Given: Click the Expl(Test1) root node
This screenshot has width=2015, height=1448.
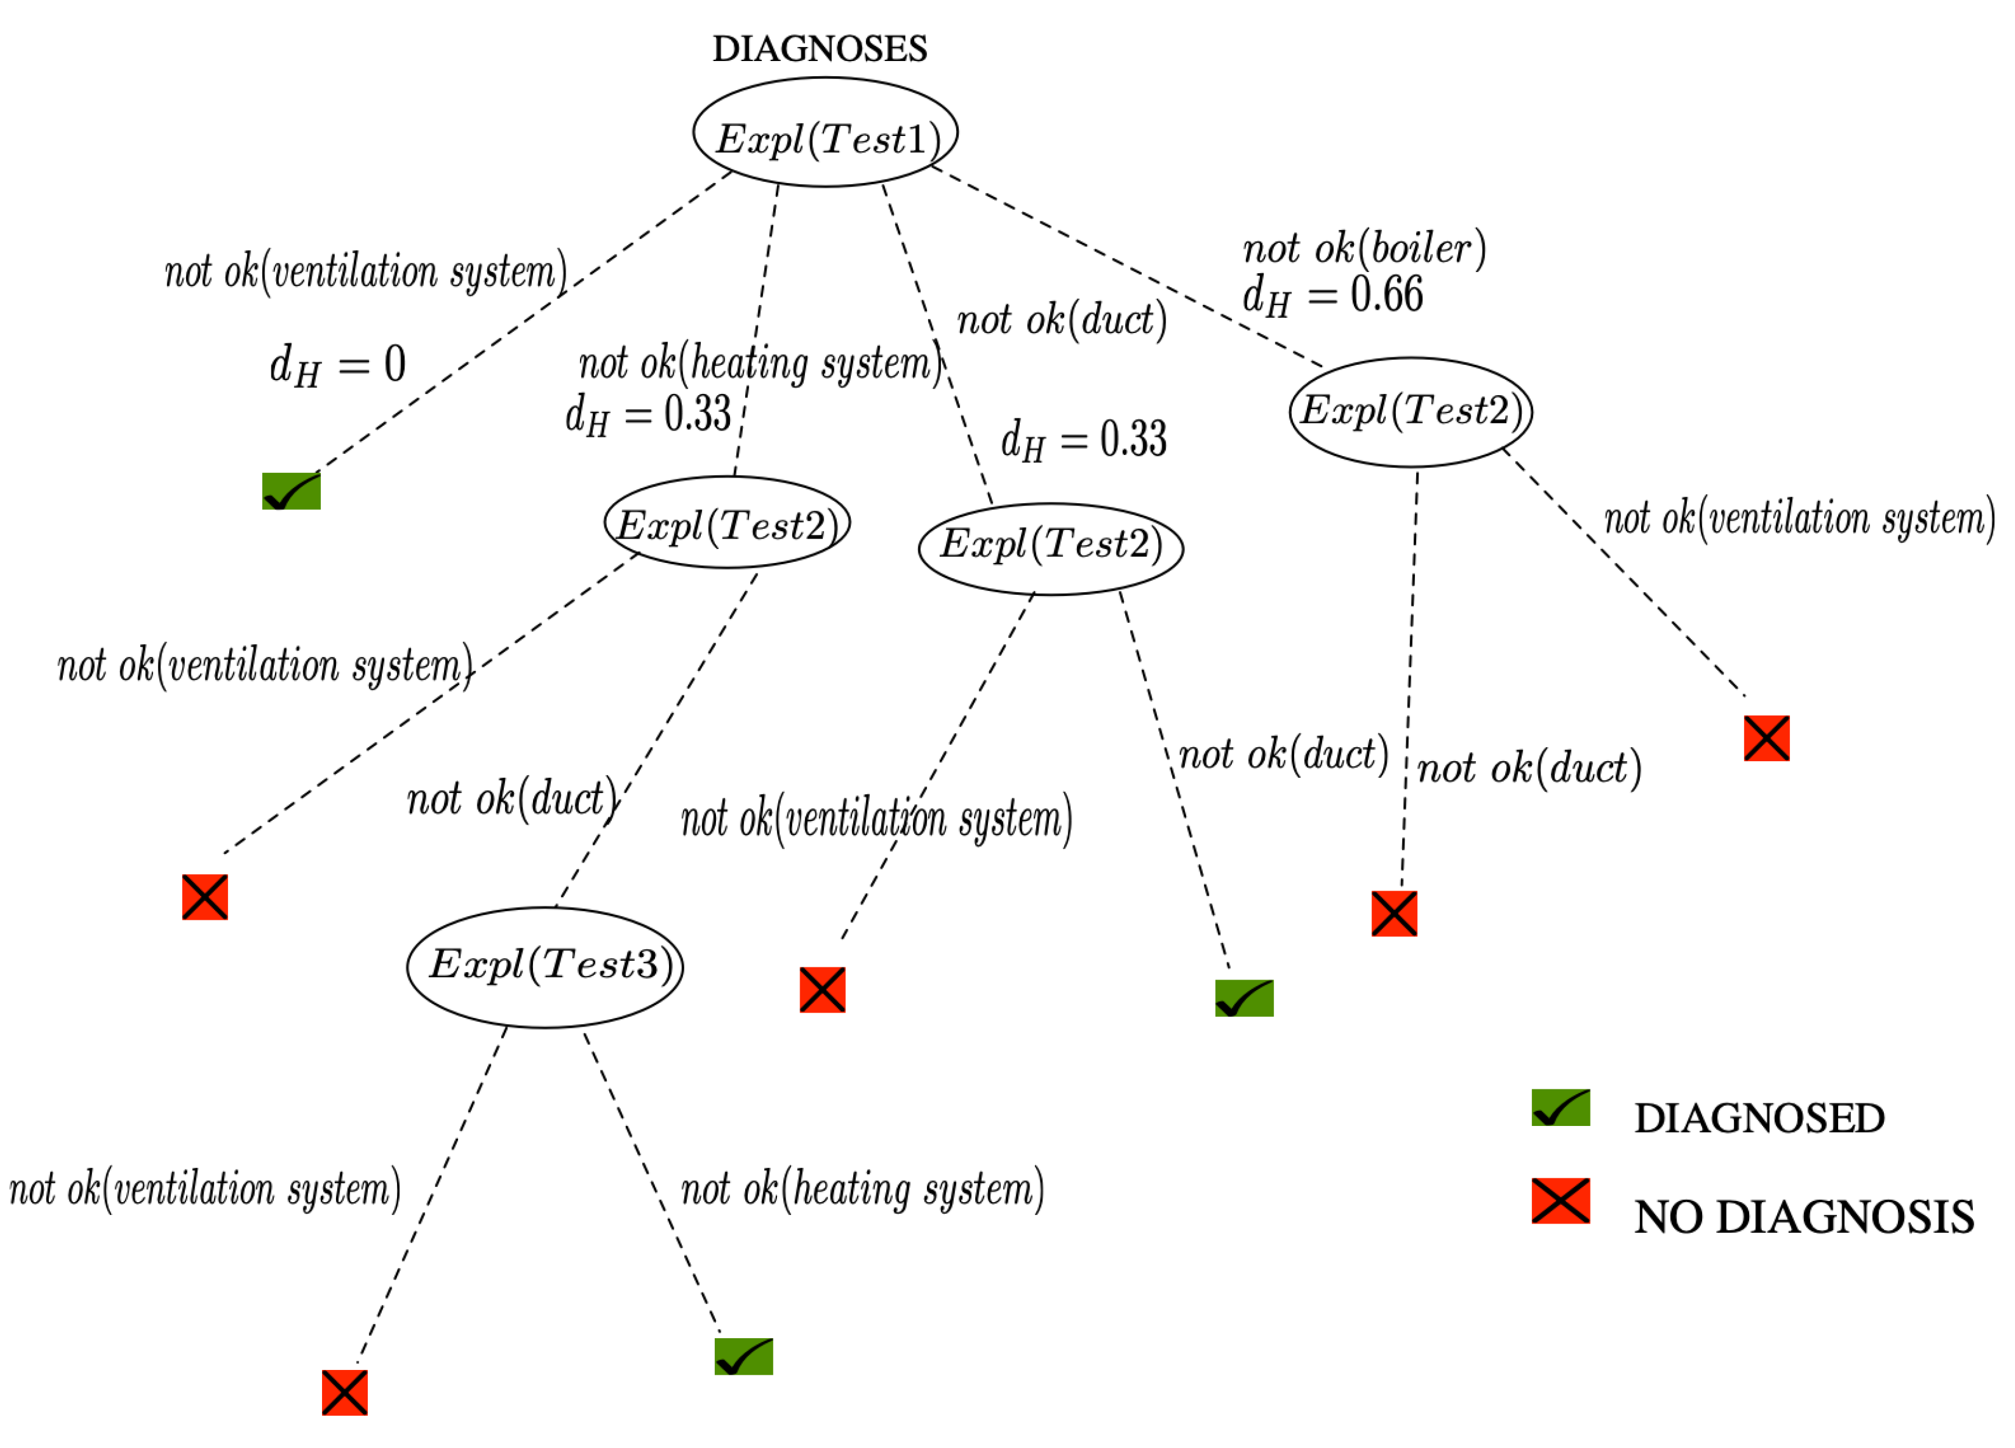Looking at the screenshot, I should pos(825,132).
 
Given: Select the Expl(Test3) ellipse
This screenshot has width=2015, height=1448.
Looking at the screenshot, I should pos(545,967).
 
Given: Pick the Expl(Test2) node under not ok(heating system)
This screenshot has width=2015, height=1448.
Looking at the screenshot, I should pos(727,523).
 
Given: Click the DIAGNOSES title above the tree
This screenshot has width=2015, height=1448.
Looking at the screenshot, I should pos(819,49).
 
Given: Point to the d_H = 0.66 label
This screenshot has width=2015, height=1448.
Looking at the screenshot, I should pos(1332,296).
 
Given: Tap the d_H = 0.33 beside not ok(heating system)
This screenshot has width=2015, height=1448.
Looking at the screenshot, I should pos(648,415).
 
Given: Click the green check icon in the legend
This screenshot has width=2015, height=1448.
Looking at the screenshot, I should pos(1560,1108).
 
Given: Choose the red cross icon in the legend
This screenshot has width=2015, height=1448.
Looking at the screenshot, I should pos(1560,1201).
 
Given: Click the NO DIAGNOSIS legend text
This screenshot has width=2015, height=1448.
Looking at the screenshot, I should pos(1803,1217).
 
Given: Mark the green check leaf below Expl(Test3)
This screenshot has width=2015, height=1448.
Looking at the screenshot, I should pos(743,1357).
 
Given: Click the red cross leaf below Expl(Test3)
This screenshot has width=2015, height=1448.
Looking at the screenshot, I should pos(345,1392).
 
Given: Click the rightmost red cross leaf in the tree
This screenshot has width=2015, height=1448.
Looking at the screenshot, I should pos(1766,738).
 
